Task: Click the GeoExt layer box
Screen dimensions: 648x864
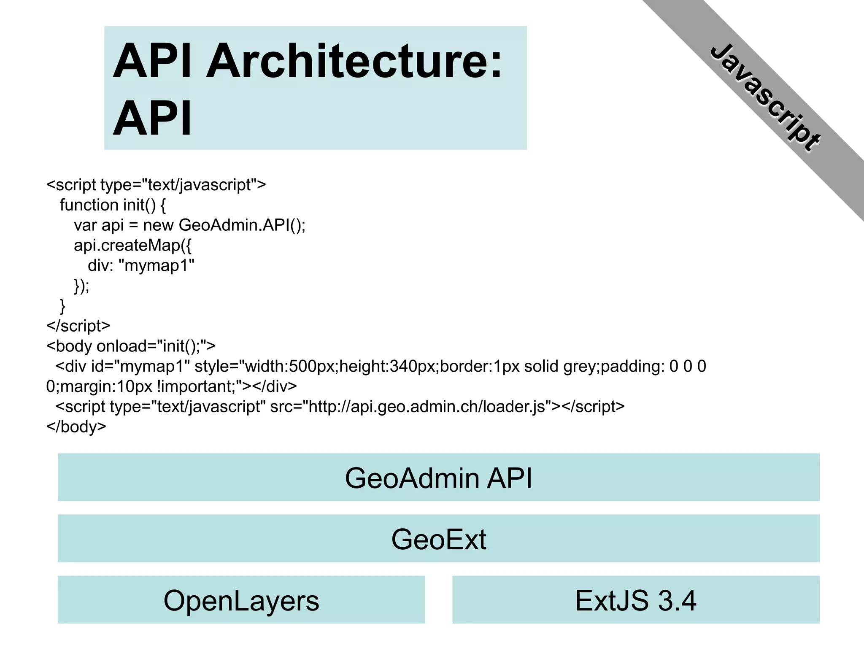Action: (438, 539)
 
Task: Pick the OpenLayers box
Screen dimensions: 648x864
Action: (241, 600)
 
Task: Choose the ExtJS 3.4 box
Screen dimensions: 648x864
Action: (635, 600)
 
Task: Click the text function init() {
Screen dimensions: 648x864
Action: (113, 205)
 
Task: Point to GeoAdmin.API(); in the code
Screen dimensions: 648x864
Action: (242, 225)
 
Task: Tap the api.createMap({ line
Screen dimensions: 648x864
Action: (132, 246)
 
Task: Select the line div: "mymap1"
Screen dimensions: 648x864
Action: (141, 266)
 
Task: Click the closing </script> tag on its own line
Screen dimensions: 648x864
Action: (78, 326)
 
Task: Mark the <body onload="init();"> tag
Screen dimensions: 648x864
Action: (131, 346)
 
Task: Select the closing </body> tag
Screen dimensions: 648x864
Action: (76, 427)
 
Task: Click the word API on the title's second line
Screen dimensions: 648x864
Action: (152, 119)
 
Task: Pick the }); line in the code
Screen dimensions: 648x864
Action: (81, 286)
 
